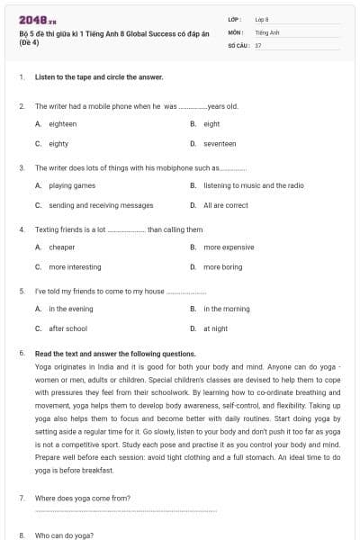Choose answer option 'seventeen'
click(x=220, y=143)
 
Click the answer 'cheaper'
click(x=62, y=247)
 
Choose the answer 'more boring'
click(x=222, y=266)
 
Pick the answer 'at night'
click(x=215, y=328)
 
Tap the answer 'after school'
click(x=67, y=328)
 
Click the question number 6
click(x=21, y=354)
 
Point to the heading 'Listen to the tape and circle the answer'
click(x=99, y=77)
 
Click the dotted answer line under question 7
click(x=125, y=511)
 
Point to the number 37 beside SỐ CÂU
click(x=258, y=44)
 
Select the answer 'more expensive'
click(x=229, y=247)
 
